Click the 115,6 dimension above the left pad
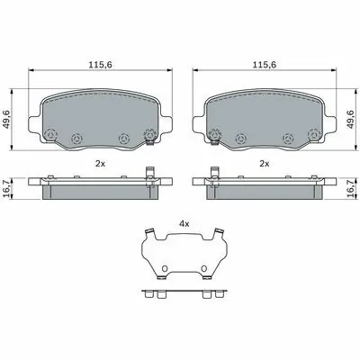point(100,65)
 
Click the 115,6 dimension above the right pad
point(264,65)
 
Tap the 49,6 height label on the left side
point(7,120)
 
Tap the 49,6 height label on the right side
point(351,120)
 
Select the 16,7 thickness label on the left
point(7,188)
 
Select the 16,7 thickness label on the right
point(351,188)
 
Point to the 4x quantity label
point(184,223)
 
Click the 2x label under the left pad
point(100,164)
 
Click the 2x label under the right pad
point(265,164)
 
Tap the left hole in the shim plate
point(165,268)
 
